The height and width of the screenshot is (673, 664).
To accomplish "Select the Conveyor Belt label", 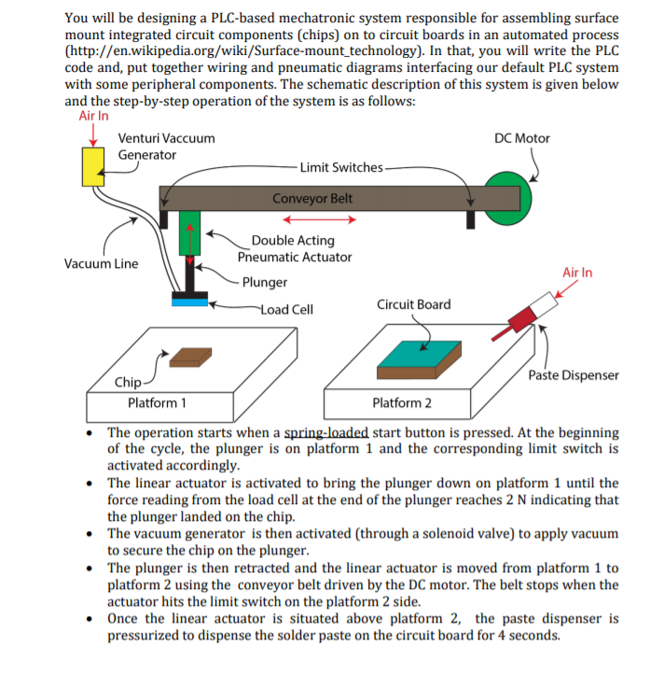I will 312,198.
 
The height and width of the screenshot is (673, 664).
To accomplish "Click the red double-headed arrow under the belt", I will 320,220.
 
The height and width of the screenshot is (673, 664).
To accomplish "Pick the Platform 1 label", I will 156,403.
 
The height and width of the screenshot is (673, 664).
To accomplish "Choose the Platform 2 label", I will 402,403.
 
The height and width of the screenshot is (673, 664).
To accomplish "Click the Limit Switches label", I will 341,167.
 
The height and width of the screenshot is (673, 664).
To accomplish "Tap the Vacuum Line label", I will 101,263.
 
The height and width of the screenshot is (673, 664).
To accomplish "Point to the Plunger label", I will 270,282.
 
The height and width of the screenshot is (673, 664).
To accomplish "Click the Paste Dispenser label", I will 573,375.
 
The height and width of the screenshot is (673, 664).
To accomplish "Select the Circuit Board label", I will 413,304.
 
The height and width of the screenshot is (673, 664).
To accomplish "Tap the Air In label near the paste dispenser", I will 577,273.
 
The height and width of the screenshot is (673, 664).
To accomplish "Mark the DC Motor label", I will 522,138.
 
